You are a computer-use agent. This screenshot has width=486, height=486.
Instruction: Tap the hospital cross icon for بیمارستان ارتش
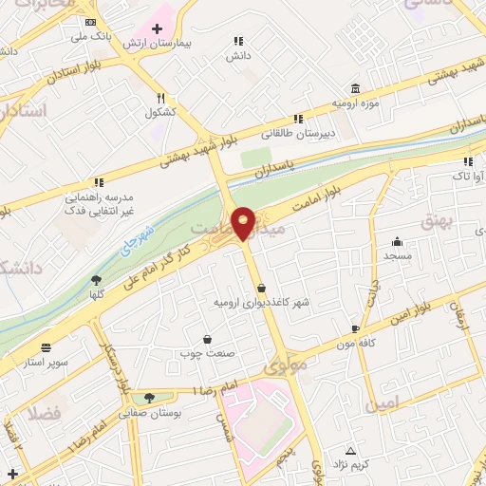click(x=157, y=28)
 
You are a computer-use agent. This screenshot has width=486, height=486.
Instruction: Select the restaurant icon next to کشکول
click(x=162, y=97)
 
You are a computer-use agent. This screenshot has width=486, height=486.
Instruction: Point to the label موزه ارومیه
click(x=355, y=101)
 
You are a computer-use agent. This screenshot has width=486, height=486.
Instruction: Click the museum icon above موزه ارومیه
click(x=355, y=85)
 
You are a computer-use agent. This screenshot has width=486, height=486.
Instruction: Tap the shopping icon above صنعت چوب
click(x=207, y=339)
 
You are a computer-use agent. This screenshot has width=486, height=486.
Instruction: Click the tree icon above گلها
click(x=96, y=279)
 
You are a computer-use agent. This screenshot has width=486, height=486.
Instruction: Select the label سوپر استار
click(x=46, y=363)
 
